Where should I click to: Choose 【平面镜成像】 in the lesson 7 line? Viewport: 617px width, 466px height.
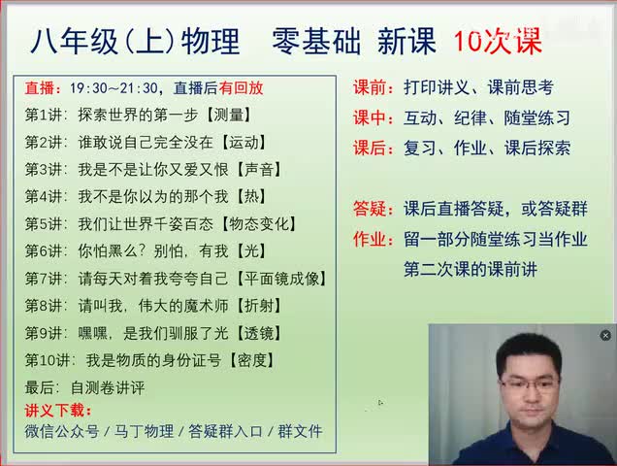click(283, 279)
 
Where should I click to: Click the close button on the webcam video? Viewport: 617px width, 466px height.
click(605, 335)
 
